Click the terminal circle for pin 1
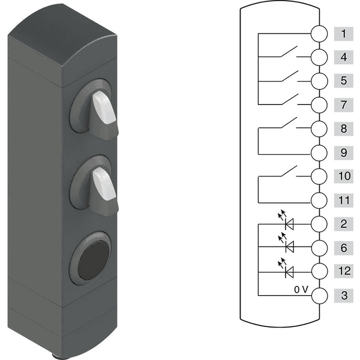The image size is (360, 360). (319, 34)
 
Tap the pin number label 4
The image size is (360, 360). (343, 57)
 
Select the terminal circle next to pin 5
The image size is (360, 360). (319, 81)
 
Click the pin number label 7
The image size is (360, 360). (343, 105)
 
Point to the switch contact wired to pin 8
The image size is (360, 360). (289, 122)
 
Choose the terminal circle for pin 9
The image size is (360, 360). (319, 153)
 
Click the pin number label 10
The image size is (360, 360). (343, 176)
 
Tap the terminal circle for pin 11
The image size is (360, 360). (319, 200)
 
